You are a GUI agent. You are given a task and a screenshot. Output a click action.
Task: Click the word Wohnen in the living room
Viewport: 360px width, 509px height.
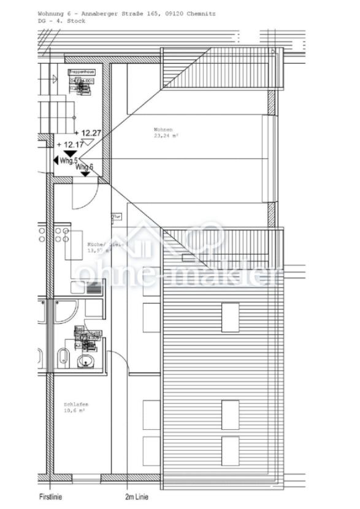[163, 129]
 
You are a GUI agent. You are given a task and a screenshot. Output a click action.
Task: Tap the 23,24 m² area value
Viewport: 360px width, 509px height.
[165, 137]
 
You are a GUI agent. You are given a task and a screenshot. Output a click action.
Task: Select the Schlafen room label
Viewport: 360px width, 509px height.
[75, 404]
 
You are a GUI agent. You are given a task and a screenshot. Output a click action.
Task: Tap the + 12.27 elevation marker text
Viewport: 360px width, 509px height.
[87, 132]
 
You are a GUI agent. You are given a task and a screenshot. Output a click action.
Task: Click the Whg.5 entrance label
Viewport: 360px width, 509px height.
[68, 160]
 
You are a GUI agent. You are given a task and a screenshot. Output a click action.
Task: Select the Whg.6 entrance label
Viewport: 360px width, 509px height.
[85, 167]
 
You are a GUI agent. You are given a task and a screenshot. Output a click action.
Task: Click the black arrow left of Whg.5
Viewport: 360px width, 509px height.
[56, 160]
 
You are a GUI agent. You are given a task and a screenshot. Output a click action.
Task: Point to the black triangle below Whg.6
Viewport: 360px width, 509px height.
[85, 174]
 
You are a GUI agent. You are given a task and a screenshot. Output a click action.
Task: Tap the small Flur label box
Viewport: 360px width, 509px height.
[115, 216]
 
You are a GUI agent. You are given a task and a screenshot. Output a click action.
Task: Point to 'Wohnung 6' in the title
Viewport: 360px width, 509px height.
[53, 13]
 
